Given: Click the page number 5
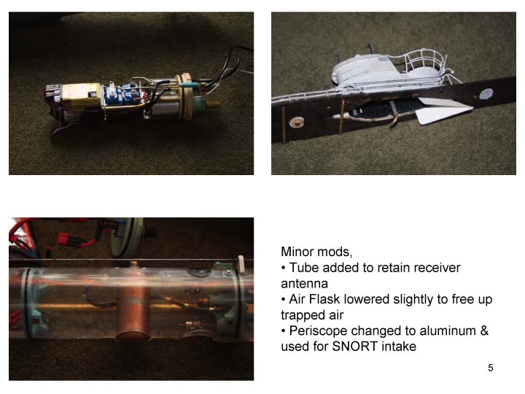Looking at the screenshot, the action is tap(491, 368).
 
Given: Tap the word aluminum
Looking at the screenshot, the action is tap(448, 331).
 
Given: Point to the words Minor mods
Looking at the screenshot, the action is tap(316, 252).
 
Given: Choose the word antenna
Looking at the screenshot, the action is tap(304, 284).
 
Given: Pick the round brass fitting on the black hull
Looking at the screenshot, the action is tap(296, 123).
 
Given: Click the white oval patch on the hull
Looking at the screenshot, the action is tap(486, 94).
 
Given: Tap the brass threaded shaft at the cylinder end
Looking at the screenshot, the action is tap(213, 104).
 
